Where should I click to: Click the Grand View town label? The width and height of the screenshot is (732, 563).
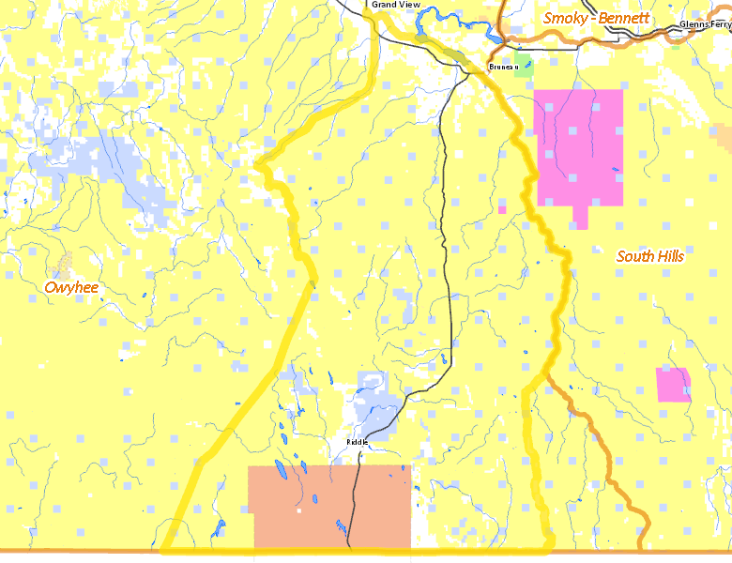click(x=395, y=5)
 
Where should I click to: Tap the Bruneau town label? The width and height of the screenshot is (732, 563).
click(x=503, y=67)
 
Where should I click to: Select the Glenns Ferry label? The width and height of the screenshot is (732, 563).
click(x=705, y=24)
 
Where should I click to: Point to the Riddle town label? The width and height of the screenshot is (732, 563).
click(x=357, y=441)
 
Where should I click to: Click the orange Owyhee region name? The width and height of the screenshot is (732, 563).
click(x=71, y=287)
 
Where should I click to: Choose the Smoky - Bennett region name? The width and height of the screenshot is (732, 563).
click(x=596, y=18)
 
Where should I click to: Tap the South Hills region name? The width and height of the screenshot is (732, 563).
click(x=650, y=256)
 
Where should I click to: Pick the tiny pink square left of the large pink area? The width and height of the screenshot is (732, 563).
click(x=502, y=209)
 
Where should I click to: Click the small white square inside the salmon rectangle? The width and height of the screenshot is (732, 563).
click(x=299, y=511)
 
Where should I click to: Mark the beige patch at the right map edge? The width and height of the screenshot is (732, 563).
click(x=723, y=137)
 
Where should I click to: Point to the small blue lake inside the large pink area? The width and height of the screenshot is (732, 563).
click(x=615, y=170)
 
